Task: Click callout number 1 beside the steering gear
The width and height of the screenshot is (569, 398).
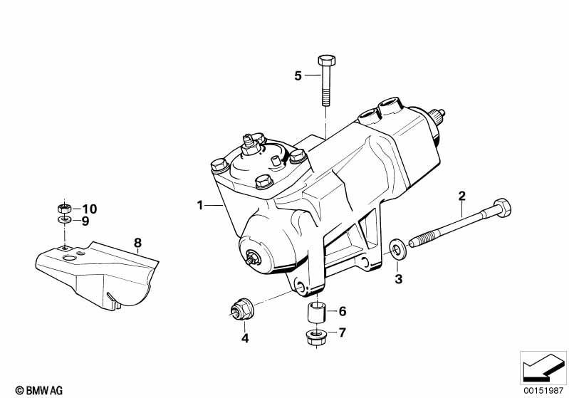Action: [199, 205]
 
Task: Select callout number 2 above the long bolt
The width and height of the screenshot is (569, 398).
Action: [461, 197]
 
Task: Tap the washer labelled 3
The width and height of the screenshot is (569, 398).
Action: [397, 249]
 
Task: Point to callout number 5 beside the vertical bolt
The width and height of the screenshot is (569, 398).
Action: [298, 76]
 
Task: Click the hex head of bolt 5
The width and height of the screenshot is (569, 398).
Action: [327, 61]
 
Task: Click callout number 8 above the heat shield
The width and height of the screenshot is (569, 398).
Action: [137, 243]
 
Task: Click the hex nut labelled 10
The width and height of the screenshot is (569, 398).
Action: [65, 208]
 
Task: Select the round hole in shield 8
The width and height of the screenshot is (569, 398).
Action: [69, 258]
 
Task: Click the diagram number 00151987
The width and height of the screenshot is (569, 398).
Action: [543, 391]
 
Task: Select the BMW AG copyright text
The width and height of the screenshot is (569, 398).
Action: [39, 390]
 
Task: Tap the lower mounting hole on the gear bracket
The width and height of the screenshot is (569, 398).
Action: [301, 286]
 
